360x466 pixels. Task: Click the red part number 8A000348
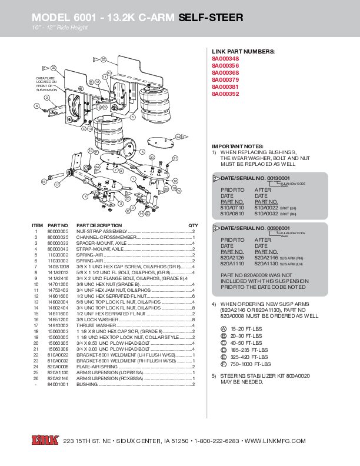[225, 59]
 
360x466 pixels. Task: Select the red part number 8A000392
[225, 94]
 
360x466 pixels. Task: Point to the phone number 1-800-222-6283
[216, 441]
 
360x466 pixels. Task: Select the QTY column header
[193, 225]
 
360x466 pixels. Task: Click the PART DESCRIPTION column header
[99, 225]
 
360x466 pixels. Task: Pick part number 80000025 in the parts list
[58, 237]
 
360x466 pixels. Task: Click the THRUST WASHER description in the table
[96, 325]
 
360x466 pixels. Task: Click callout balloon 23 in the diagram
[103, 59]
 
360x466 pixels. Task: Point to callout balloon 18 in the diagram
[43, 182]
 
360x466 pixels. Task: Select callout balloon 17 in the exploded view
[57, 185]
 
